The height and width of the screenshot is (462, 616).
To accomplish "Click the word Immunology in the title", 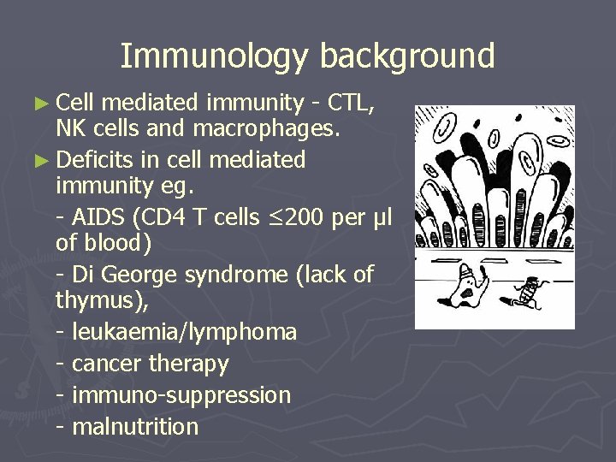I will pos(215,56).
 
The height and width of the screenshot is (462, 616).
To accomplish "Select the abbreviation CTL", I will pos(351,104).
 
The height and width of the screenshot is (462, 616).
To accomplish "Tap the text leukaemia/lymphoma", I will pos(184,331).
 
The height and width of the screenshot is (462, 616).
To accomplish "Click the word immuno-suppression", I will pos(181,395).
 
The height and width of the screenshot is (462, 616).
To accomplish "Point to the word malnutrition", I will pos(135,426).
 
